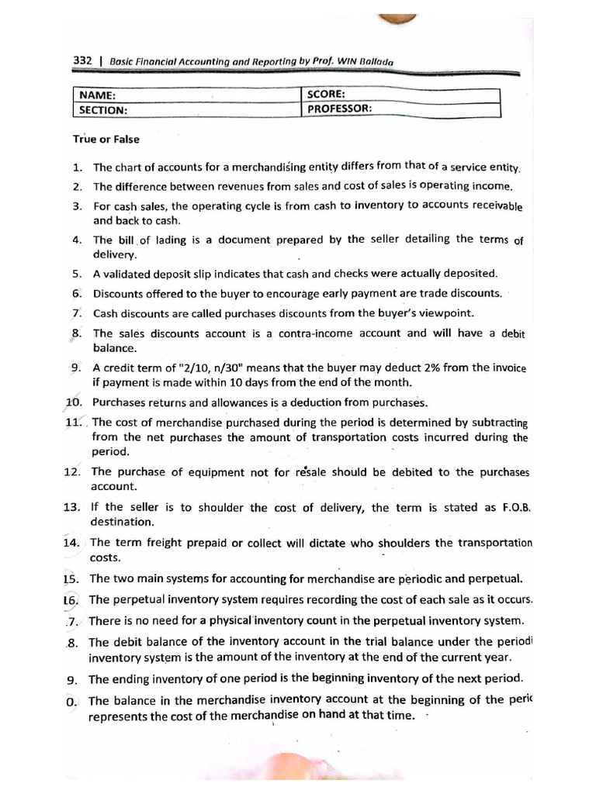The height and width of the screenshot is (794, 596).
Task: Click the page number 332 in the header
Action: pos(83,60)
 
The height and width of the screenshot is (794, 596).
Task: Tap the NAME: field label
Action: pos(95,95)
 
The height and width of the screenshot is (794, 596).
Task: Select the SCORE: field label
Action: pos(327,94)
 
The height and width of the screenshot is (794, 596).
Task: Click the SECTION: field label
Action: pos(102,110)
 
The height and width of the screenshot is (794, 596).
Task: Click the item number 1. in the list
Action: pos(78,167)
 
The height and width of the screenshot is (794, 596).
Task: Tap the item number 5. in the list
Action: pos(78,274)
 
